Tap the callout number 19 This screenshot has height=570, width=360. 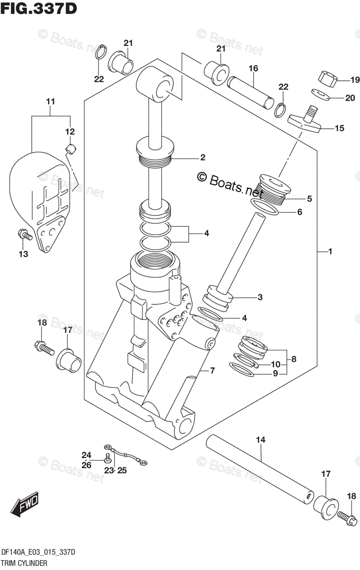pyautogui.click(x=355, y=80)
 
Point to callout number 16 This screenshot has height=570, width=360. pyautogui.click(x=253, y=68)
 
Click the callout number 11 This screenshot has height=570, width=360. pyautogui.click(x=50, y=102)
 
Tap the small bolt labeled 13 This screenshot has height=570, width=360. pyautogui.click(x=25, y=234)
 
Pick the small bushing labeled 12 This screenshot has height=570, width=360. pyautogui.click(x=71, y=148)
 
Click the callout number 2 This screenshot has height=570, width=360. pyautogui.click(x=202, y=158)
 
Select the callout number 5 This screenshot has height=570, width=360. pyautogui.click(x=309, y=199)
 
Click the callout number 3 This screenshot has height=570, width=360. pyautogui.click(x=260, y=297)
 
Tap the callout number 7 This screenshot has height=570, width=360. pyautogui.click(x=212, y=371)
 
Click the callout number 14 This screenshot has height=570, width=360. pyautogui.click(x=261, y=440)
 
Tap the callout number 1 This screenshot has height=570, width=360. pyautogui.click(x=330, y=252)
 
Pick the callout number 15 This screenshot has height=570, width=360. pyautogui.click(x=340, y=128)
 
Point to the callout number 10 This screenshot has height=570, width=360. pyautogui.click(x=275, y=364)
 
